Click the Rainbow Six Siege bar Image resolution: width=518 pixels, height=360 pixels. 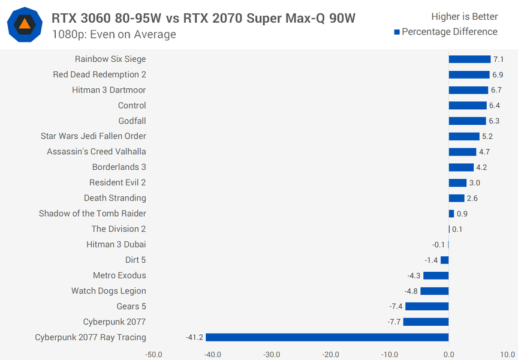469,59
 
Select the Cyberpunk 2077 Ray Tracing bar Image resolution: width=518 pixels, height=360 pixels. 327,337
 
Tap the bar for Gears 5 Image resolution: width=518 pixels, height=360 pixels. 427,306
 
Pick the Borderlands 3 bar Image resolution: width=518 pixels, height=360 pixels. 461,167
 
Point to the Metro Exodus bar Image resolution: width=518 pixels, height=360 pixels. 436,275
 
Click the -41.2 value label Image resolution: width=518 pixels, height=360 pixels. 194,338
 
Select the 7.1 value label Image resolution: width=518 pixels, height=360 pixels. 498,59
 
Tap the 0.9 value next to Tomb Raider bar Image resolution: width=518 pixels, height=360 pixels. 462,214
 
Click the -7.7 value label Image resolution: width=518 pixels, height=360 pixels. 394,322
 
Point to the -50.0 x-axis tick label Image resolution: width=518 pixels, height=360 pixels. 153,354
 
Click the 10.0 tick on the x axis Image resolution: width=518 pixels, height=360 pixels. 507,354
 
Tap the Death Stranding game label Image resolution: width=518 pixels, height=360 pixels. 115,198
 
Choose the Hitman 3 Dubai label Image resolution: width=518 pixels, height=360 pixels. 116,244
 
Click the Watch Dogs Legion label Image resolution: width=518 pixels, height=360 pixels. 109,291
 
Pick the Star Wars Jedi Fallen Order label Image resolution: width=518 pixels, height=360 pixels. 93,136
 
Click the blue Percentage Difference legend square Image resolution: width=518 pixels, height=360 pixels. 397,32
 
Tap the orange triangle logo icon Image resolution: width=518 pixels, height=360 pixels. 25,25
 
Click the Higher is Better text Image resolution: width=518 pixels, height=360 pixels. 464,17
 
